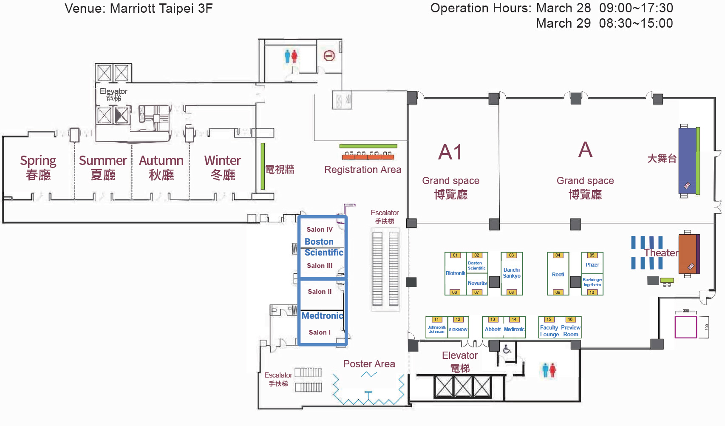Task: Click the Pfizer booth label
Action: (592, 265)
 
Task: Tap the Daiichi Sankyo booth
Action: (512, 273)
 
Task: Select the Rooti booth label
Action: (558, 275)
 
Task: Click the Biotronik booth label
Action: (455, 273)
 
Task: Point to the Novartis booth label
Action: (477, 283)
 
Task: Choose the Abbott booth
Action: (493, 329)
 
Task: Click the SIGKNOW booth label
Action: (458, 330)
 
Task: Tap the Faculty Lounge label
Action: (549, 331)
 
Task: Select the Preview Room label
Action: (571, 331)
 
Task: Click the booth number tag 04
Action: (558, 255)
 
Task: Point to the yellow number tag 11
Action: (436, 319)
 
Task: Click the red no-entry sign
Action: (329, 56)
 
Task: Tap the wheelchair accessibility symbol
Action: (507, 350)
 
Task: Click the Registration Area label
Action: (362, 170)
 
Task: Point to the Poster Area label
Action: (369, 364)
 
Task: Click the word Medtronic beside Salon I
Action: (322, 316)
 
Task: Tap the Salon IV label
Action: (320, 230)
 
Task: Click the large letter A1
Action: (450, 152)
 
